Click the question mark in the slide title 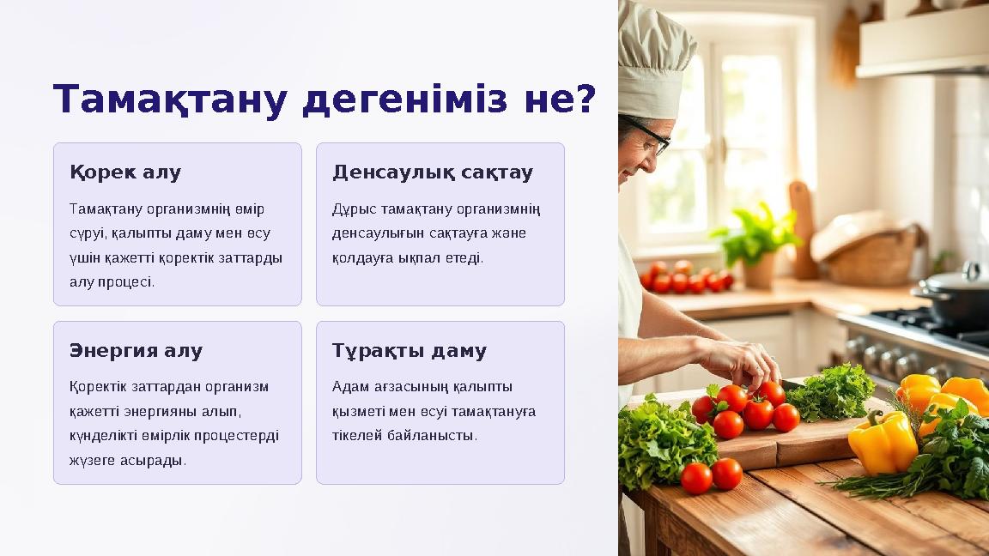click(583, 100)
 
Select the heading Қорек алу click(125, 172)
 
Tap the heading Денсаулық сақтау click(433, 172)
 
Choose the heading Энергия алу click(136, 351)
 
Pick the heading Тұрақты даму click(410, 351)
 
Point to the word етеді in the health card click(464, 257)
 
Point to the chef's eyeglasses click(652, 137)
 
